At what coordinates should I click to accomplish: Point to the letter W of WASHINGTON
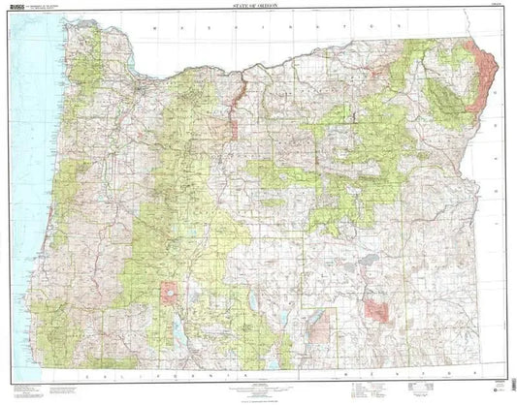click(x=155, y=30)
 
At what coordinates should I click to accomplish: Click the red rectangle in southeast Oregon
click(x=377, y=310)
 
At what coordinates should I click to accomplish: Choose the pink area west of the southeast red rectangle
click(x=317, y=327)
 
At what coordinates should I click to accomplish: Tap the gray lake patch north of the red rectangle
click(x=369, y=262)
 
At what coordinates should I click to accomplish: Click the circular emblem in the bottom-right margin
click(x=498, y=389)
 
